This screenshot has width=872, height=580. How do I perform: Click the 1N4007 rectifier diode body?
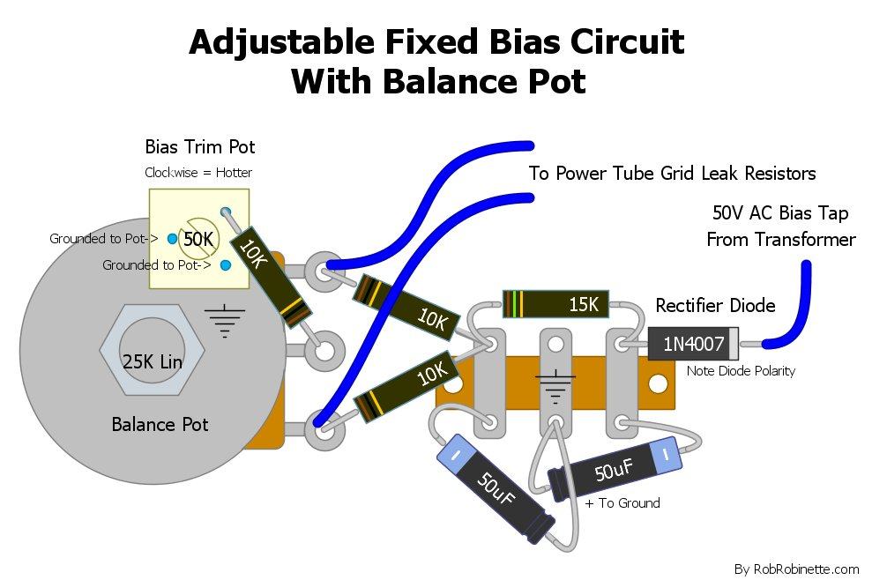[693, 343]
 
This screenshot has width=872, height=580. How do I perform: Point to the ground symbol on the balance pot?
[227, 320]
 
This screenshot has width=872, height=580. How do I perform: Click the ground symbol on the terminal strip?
[556, 383]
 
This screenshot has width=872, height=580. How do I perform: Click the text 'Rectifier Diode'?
[715, 306]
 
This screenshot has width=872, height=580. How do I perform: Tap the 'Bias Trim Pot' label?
[200, 147]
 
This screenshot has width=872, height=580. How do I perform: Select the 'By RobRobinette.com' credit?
[796, 569]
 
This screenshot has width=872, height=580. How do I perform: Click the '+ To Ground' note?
[622, 503]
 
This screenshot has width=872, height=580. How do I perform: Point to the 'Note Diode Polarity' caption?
[741, 371]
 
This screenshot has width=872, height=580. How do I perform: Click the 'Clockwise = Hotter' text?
[198, 173]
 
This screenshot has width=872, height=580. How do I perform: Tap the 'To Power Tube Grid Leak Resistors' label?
[672, 173]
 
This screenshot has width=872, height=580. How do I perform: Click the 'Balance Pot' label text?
[160, 424]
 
